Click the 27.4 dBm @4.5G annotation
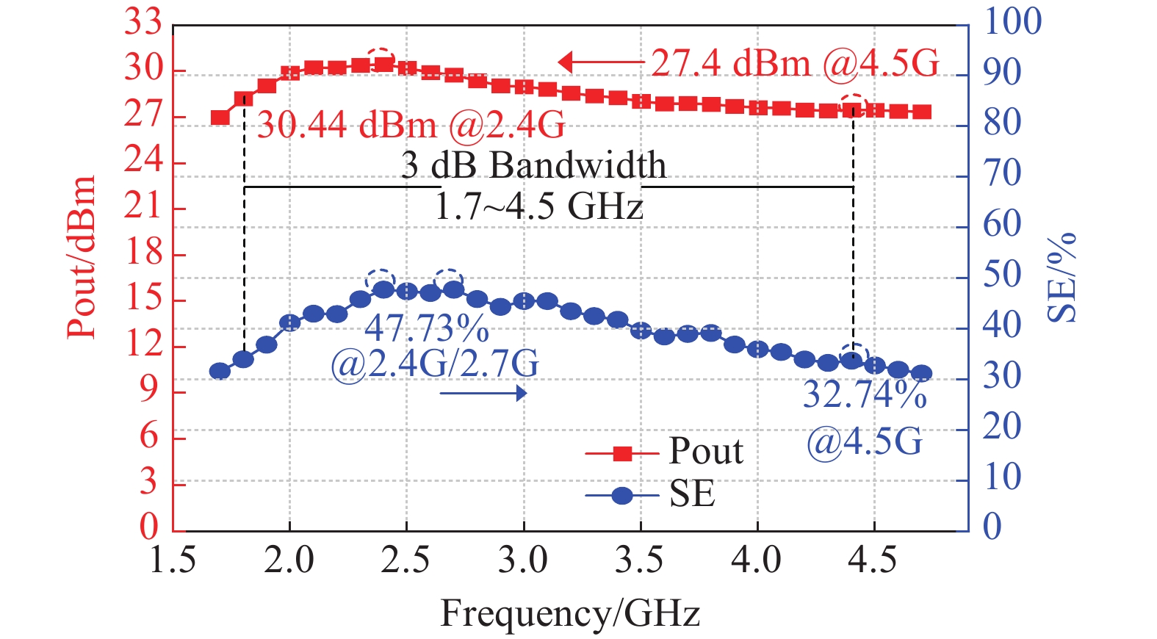[795, 63]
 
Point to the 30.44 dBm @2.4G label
[411, 126]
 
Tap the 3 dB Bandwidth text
[533, 165]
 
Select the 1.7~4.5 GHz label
[538, 206]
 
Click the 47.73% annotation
[427, 328]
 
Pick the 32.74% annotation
[865, 394]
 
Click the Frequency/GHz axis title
[569, 613]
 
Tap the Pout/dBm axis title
[82, 257]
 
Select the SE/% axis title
[1062, 277]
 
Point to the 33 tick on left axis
[143, 22]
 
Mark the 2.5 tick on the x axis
[406, 560]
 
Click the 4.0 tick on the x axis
[757, 560]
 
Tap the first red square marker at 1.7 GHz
[220, 118]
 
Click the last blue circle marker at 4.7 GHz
[921, 374]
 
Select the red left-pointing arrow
[599, 62]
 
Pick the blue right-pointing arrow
[484, 394]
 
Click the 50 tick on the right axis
[1002, 275]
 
